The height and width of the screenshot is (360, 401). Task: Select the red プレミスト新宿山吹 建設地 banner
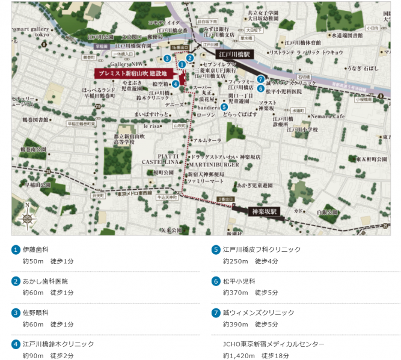click(134, 73)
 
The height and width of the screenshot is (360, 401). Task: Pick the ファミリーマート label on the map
click(204, 180)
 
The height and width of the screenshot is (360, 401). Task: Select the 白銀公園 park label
click(327, 212)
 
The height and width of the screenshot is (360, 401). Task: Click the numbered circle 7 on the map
click(260, 79)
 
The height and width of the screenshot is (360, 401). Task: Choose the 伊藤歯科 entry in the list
click(35, 249)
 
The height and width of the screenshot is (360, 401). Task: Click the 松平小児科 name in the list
click(239, 281)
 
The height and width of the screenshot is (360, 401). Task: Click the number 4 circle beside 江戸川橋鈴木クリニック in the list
click(16, 344)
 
